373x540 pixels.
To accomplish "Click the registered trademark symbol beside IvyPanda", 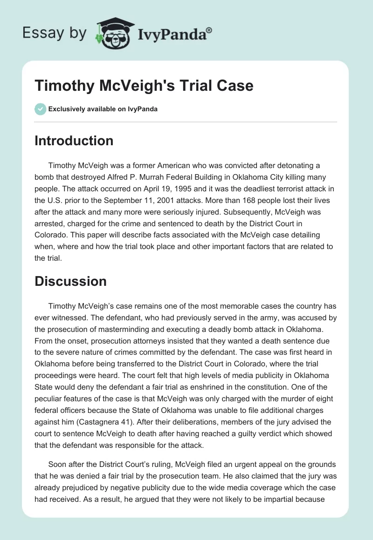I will (x=209, y=30).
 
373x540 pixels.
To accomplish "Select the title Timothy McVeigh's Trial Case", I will (x=144, y=86).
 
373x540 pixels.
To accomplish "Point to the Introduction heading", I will (x=74, y=141).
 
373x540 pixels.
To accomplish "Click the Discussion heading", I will (x=70, y=281).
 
